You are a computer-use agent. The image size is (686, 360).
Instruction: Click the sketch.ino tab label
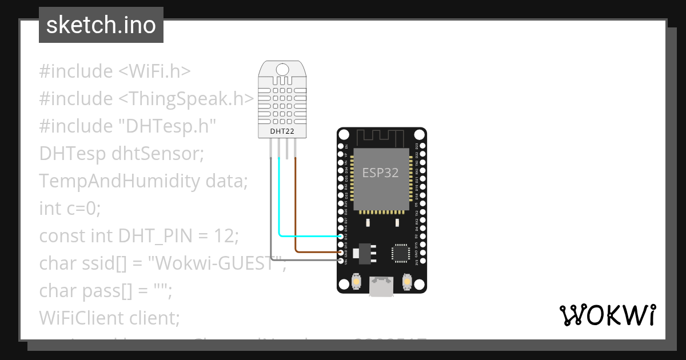(101, 25)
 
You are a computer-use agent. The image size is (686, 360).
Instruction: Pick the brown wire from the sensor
(296, 206)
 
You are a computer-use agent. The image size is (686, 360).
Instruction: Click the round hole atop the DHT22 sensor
(282, 70)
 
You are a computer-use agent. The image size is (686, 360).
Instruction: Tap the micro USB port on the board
(381, 286)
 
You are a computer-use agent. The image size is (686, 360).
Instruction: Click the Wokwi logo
(607, 315)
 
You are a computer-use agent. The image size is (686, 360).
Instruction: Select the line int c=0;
(70, 209)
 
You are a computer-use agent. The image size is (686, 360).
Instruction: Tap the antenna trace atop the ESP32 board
(381, 137)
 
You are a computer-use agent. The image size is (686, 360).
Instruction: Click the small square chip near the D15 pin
(401, 253)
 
